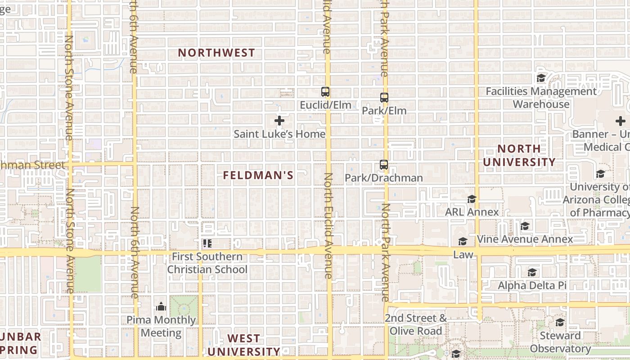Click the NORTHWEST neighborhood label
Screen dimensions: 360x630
pyautogui.click(x=216, y=53)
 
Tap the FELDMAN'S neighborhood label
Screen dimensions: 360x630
pyautogui.click(x=258, y=175)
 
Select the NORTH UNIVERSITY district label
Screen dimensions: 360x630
pyautogui.click(x=519, y=155)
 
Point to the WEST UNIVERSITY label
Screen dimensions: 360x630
pyautogui.click(x=243, y=345)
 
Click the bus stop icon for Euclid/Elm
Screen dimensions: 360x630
pyautogui.click(x=325, y=92)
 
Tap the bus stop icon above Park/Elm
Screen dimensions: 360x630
pyautogui.click(x=384, y=97)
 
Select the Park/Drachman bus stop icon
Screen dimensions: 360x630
pyautogui.click(x=383, y=165)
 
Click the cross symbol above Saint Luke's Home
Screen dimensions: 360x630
pyautogui.click(x=279, y=121)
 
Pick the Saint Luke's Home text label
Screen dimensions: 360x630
pyautogui.click(x=279, y=134)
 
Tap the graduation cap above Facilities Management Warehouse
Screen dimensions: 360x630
pyautogui.click(x=541, y=78)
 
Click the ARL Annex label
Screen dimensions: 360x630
pyautogui.click(x=472, y=212)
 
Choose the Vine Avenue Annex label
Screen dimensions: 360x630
pyautogui.click(x=525, y=239)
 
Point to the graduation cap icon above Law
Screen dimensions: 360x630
pyautogui.click(x=463, y=242)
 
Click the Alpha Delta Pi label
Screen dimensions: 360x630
pyautogui.click(x=532, y=285)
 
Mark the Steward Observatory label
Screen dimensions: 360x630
pyautogui.click(x=560, y=342)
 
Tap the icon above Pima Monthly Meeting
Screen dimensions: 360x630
pyautogui.click(x=161, y=307)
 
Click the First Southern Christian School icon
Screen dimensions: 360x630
pyautogui.click(x=207, y=243)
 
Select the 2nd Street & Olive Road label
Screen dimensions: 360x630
pyautogui.click(x=416, y=324)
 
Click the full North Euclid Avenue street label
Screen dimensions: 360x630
pyautogui.click(x=328, y=226)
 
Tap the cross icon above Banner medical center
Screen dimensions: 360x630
pyautogui.click(x=621, y=121)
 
